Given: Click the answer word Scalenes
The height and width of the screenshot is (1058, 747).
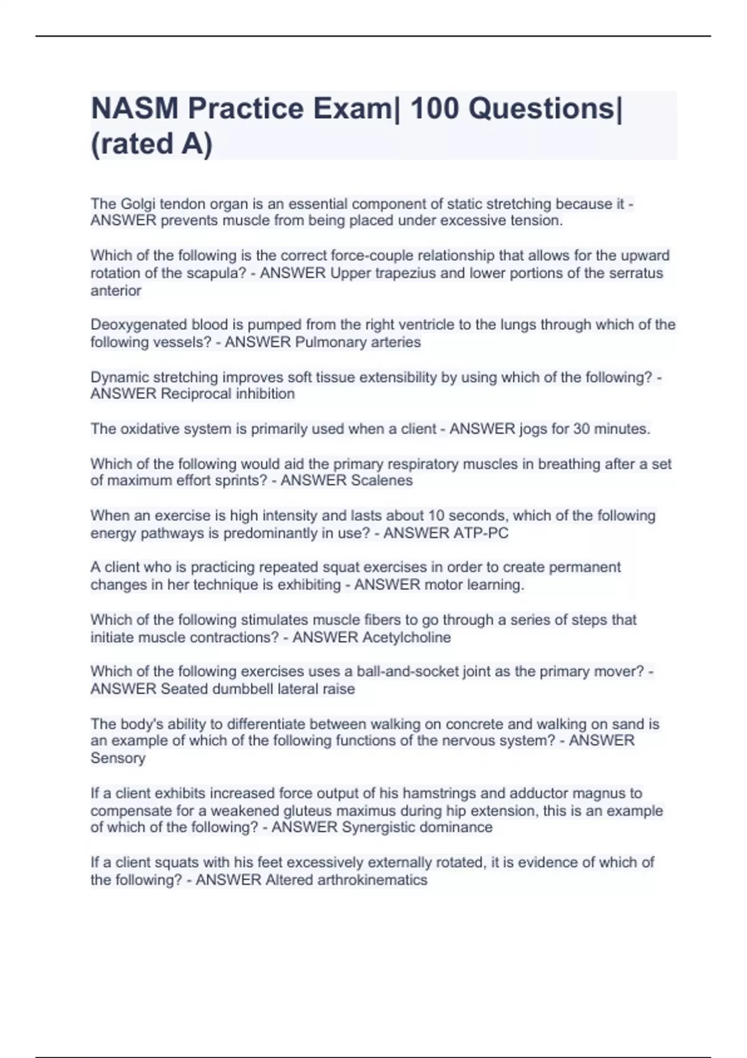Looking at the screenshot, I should [382, 480].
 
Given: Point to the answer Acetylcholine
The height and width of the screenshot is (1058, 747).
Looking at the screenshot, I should [406, 637].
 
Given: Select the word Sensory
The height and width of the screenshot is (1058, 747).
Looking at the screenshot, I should [118, 758].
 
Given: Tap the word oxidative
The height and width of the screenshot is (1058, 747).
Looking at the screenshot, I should [151, 429].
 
